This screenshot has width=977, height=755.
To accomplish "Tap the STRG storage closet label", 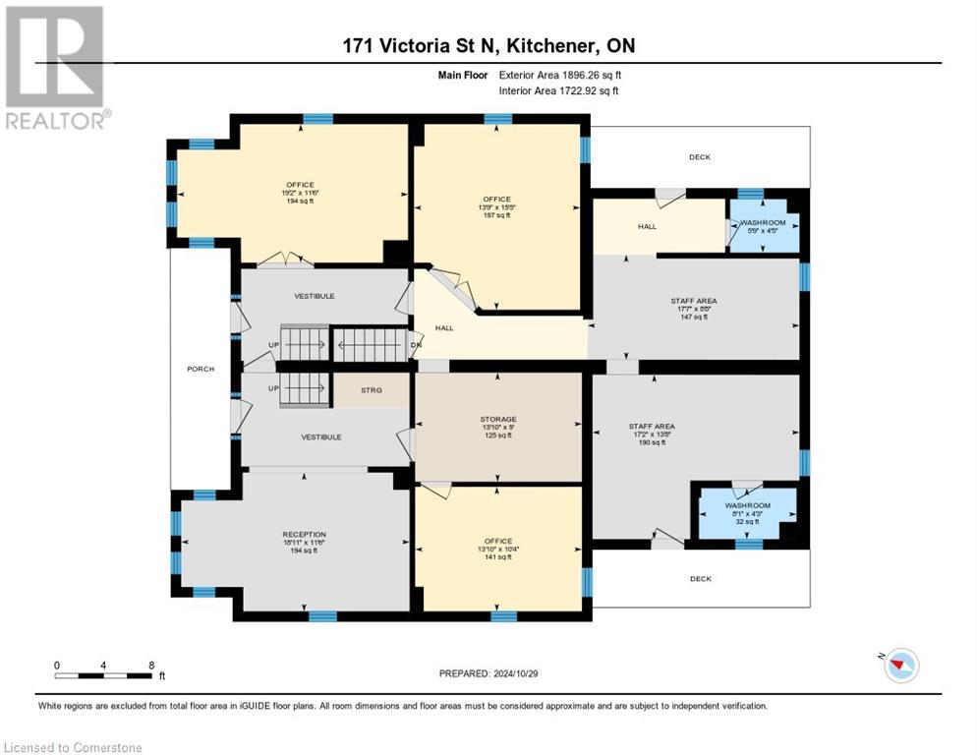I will click(x=371, y=390).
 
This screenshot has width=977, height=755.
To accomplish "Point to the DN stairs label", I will click(x=416, y=346).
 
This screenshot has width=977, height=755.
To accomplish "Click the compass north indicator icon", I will click(x=900, y=665).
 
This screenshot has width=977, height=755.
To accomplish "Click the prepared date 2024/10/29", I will click(x=488, y=673).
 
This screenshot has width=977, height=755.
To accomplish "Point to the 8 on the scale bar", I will click(x=151, y=665).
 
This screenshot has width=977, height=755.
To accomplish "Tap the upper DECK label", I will click(x=700, y=157).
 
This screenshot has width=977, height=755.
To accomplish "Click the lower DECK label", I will click(x=700, y=579).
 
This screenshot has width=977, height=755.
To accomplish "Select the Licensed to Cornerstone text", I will click(x=74, y=747).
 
